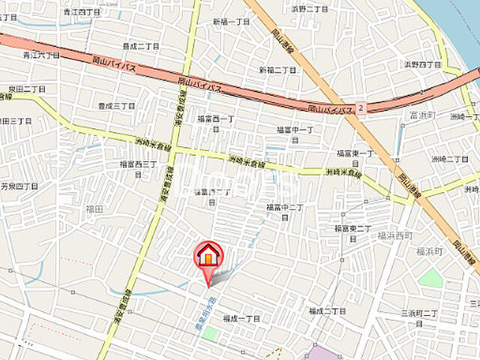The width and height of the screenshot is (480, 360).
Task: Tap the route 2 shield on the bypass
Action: point(361,107)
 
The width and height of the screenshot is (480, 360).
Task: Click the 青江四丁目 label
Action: point(82,12)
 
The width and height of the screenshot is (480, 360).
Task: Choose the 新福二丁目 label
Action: point(277,70)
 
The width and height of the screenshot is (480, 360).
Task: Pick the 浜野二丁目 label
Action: point(310,8)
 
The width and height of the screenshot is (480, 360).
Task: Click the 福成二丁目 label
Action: point(327,310)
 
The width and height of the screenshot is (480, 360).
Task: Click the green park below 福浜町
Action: point(430,277)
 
